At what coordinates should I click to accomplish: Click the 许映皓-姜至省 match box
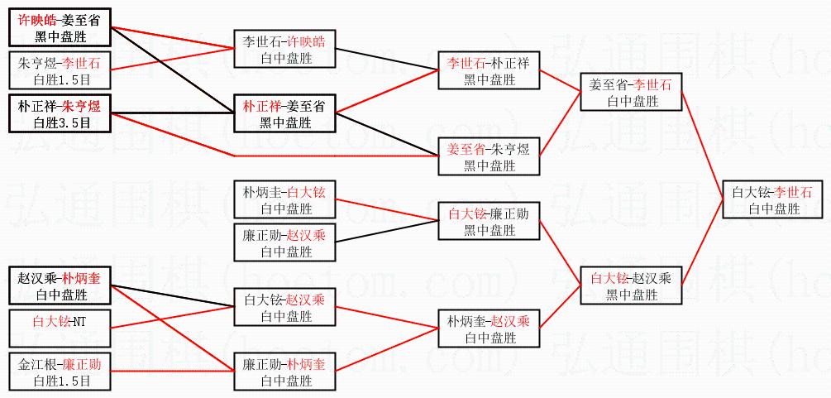[x=60, y=27]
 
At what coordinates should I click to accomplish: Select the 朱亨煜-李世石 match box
[x=60, y=70]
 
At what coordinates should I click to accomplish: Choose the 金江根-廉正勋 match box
[x=60, y=372]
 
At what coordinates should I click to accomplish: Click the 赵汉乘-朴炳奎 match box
[x=60, y=285]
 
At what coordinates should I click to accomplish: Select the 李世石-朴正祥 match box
[x=489, y=70]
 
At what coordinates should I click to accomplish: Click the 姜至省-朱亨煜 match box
[x=489, y=156]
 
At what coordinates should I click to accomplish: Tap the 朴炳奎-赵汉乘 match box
[x=489, y=328]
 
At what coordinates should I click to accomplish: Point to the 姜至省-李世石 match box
[x=632, y=92]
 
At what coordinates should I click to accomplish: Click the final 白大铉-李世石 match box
[x=773, y=199]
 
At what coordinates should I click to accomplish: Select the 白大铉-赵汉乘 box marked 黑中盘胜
[x=632, y=285]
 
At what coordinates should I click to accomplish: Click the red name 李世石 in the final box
[x=793, y=192]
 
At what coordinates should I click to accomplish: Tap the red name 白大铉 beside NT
[x=51, y=319]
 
